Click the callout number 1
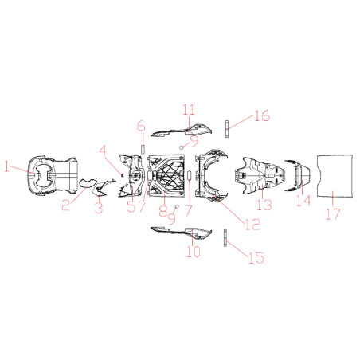pyautogui.click(x=7, y=166)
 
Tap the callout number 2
pyautogui.click(x=66, y=205)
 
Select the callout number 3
pyautogui.click(x=99, y=208)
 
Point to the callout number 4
pyautogui.click(x=103, y=151)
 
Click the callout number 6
pyautogui.click(x=141, y=126)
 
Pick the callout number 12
pyautogui.click(x=252, y=225)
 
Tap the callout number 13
pyautogui.click(x=264, y=205)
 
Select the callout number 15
pyautogui.click(x=256, y=258)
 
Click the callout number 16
pyautogui.click(x=262, y=115)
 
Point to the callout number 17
pyautogui.click(x=333, y=214)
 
